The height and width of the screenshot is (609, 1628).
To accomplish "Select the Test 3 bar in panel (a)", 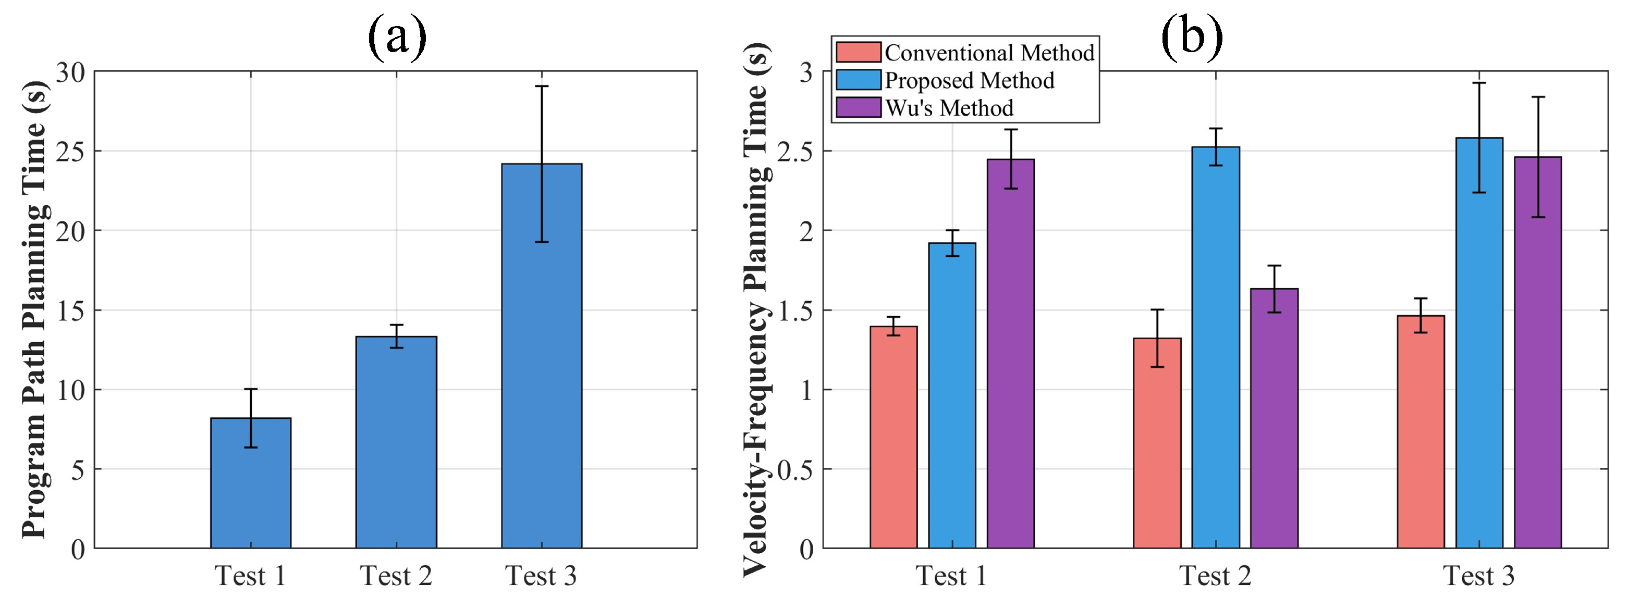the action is click(x=542, y=356).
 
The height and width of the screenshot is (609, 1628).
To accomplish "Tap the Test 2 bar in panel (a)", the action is click(x=396, y=442).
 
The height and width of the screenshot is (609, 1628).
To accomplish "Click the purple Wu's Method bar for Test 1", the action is click(x=1011, y=354).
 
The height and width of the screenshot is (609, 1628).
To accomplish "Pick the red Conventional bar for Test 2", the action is click(x=1157, y=443).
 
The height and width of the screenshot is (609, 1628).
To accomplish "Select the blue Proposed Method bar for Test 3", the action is click(x=1479, y=343).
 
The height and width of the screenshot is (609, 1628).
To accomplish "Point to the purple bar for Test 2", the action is click(x=1274, y=418).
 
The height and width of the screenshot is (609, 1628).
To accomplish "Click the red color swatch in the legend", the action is click(x=858, y=52).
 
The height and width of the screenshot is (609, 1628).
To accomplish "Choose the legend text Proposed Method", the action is click(x=970, y=80).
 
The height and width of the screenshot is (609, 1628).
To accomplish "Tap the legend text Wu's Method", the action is click(x=949, y=108).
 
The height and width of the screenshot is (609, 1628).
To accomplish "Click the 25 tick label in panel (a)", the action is click(x=70, y=152).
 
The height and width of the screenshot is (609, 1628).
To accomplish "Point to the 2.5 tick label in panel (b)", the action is click(x=794, y=152).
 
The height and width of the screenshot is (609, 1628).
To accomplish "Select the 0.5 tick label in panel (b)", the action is click(x=794, y=469).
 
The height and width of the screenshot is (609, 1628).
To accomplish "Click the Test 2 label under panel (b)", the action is click(x=1215, y=576).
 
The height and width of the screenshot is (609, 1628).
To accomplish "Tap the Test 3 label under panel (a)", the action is click(x=541, y=576).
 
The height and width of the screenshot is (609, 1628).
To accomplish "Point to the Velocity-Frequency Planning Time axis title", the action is click(x=756, y=309).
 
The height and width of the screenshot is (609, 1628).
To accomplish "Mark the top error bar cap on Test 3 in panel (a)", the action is click(x=542, y=86).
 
